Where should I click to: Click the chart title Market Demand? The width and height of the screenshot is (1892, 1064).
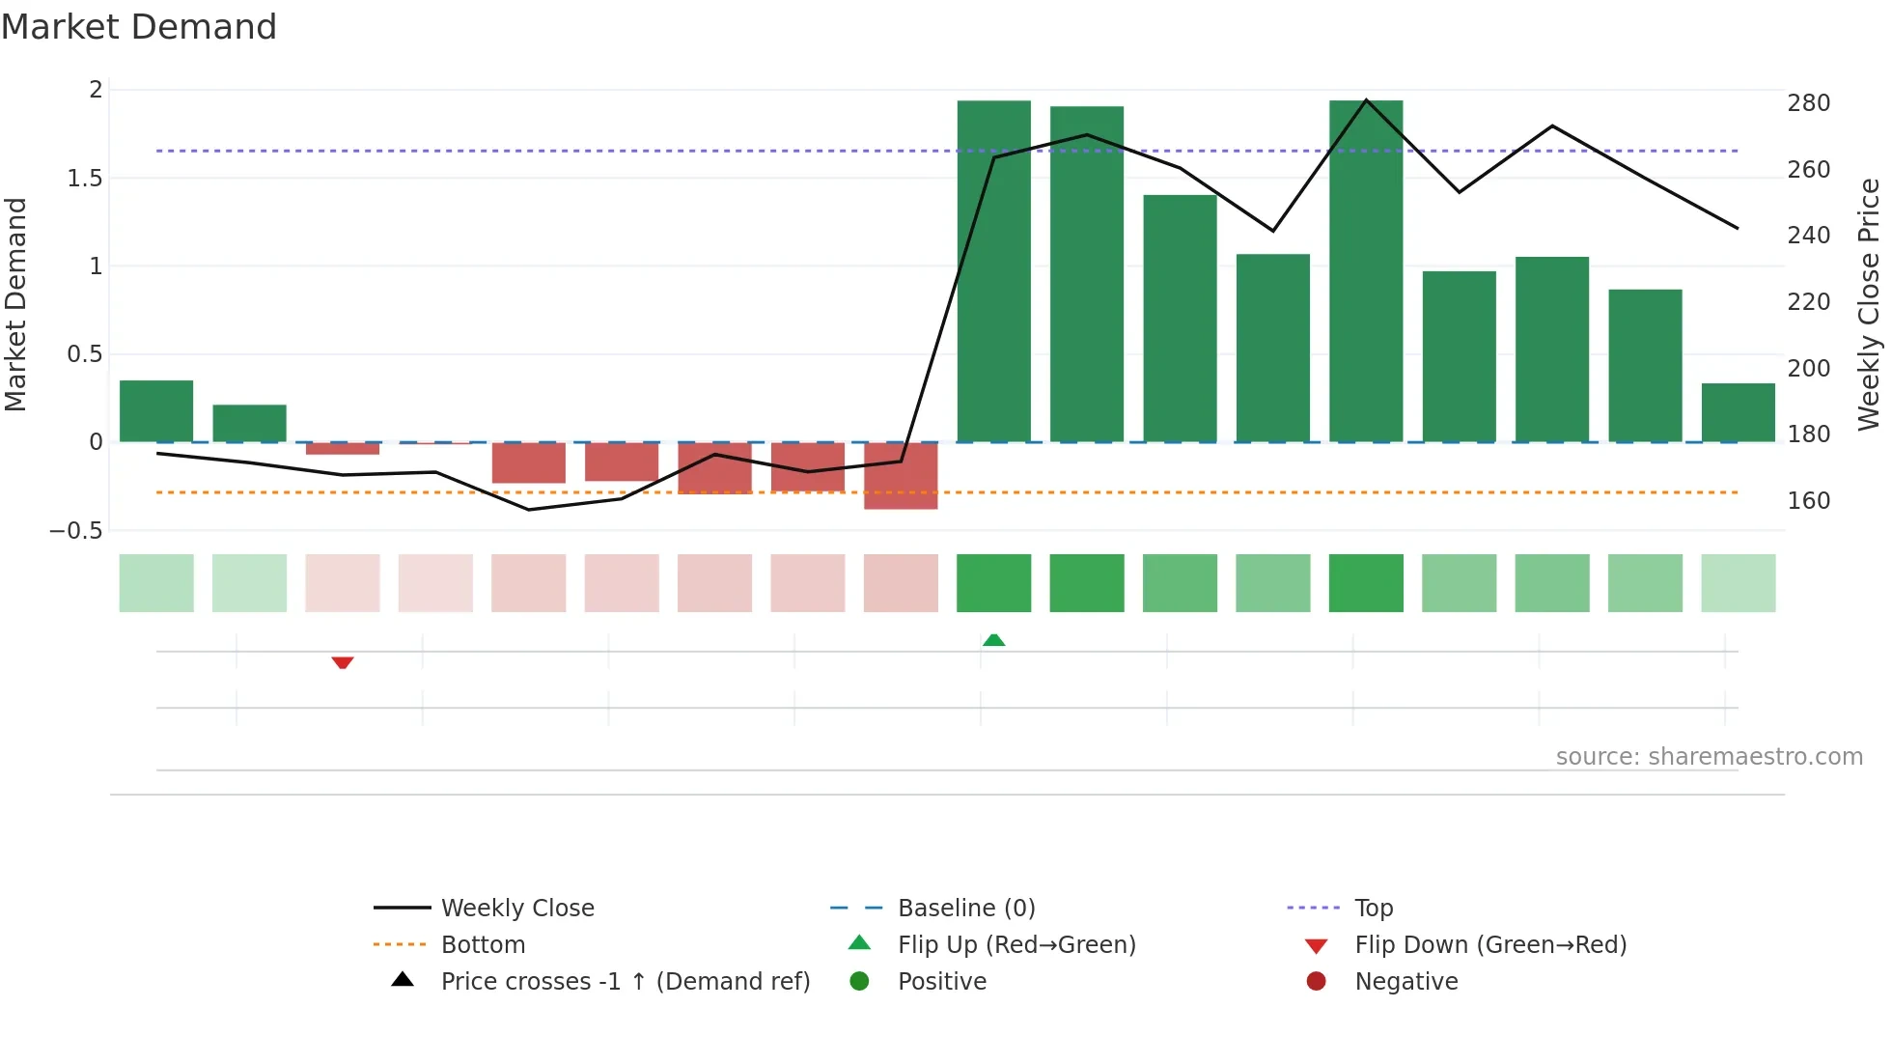tap(139, 27)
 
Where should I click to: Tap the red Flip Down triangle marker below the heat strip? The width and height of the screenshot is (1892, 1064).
tap(343, 662)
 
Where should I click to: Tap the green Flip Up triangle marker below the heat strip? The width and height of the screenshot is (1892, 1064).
tap(993, 640)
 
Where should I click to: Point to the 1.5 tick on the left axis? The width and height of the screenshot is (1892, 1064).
tap(85, 178)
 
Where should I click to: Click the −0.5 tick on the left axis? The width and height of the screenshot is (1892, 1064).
tap(76, 530)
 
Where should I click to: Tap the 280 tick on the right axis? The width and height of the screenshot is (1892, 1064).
tap(1808, 103)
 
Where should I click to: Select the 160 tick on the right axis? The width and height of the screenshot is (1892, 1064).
tap(1808, 500)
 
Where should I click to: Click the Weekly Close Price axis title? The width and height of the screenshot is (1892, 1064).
tap(1869, 304)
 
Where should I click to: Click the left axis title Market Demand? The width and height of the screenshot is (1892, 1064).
tap(16, 304)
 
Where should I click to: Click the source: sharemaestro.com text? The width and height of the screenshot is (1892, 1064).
tap(1709, 756)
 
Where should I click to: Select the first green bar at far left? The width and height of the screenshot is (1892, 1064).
tap(156, 411)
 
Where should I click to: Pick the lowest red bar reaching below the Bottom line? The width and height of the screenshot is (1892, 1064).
tap(901, 475)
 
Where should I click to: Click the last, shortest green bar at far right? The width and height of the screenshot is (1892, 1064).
tap(1738, 412)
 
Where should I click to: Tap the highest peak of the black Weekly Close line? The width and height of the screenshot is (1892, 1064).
tap(1366, 100)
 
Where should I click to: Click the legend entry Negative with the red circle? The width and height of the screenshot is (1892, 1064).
tap(1405, 981)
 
